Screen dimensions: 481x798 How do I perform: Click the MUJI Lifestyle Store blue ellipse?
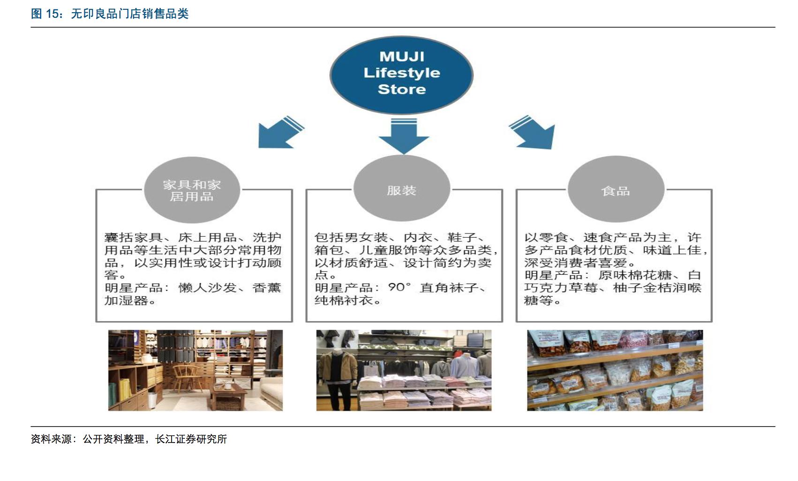coord(401,74)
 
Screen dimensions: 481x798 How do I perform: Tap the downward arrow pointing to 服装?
coord(404,136)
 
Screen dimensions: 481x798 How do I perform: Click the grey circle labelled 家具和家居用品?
coord(192,190)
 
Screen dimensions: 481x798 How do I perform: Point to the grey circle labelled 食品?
coord(616,190)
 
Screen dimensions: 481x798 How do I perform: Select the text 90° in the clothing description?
coord(399,287)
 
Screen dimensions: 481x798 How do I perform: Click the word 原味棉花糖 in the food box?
coord(634,275)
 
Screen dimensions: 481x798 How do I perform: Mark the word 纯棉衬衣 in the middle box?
coord(344,300)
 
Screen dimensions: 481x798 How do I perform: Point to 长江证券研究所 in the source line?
coord(191,439)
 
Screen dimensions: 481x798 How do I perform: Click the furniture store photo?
coord(195,370)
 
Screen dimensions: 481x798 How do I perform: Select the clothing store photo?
coord(404,370)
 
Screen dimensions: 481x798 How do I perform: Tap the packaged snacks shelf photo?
coord(615,370)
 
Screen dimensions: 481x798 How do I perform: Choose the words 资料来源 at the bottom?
coord(51,439)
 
